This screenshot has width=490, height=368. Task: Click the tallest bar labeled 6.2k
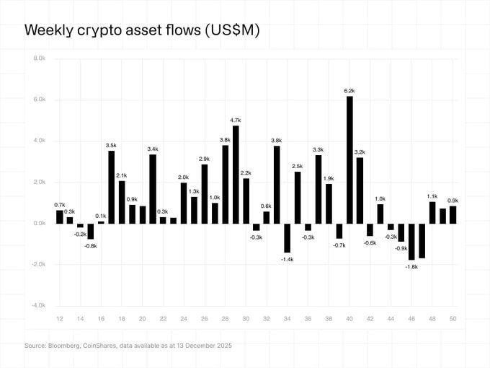(349, 159)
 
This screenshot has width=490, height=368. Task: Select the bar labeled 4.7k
(236, 174)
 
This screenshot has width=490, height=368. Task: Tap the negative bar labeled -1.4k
(287, 237)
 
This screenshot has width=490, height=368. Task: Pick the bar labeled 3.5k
(112, 187)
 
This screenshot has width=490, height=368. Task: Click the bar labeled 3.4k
(153, 188)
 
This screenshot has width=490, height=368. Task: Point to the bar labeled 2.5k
(298, 197)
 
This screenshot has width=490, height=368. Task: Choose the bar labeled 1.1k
(432, 212)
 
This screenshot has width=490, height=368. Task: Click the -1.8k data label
(412, 267)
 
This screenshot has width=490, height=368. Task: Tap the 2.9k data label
(205, 158)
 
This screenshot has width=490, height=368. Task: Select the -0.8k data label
(91, 246)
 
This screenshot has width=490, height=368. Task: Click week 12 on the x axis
(60, 318)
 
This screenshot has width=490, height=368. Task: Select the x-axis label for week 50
(453, 318)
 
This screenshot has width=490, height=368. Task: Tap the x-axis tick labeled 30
(246, 318)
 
